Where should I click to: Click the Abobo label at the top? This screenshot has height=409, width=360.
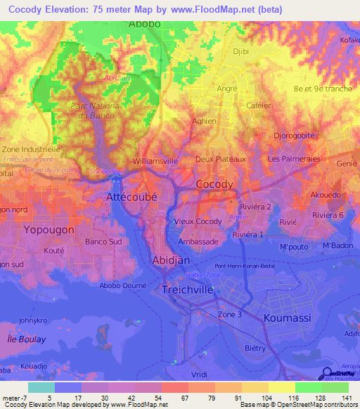[144, 24]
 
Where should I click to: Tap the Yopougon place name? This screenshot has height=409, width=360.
[49, 230]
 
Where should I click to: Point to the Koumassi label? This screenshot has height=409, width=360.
[287, 318]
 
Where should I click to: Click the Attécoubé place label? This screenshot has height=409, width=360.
[136, 197]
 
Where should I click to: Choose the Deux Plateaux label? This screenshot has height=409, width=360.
[220, 159]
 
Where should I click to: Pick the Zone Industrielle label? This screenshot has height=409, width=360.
[32, 150]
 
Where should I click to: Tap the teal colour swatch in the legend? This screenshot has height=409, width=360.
[41, 388]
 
